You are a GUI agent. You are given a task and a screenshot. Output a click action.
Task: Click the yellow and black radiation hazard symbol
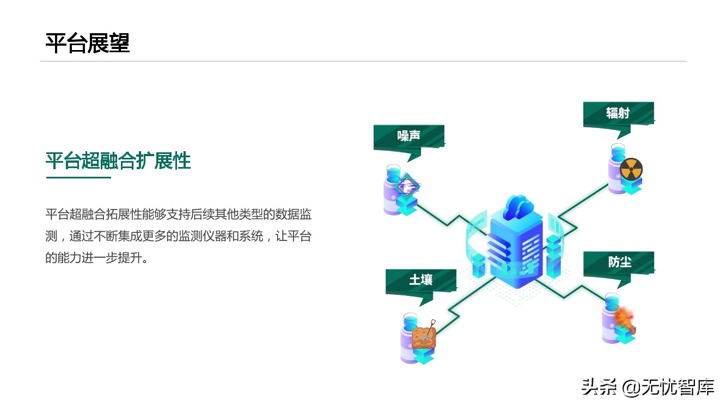[631, 169]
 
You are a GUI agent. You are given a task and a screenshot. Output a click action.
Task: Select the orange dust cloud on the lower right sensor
[625, 318]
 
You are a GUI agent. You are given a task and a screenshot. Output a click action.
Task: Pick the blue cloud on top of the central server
[517, 207]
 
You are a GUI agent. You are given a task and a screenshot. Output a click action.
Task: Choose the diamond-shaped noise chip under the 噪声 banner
[407, 186]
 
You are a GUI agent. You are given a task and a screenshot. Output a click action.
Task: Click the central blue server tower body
[516, 249]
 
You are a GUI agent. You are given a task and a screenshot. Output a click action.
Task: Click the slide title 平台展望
[88, 43]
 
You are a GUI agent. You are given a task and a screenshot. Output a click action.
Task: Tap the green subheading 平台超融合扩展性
[118, 160]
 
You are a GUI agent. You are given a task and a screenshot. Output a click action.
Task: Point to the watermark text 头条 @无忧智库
[648, 387]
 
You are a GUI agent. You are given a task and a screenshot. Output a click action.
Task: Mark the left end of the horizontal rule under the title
[40, 61]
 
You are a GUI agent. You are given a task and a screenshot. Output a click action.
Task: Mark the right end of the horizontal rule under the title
[686, 61]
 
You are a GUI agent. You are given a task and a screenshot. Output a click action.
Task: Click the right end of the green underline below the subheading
[111, 177]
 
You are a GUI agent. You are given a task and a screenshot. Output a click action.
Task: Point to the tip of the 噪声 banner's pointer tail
[407, 162]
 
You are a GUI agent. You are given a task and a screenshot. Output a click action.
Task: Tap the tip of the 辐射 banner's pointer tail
[617, 140]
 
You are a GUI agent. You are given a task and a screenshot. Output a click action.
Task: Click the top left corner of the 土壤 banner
[386, 269]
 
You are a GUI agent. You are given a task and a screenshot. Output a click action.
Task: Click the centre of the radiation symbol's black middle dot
[631, 169]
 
